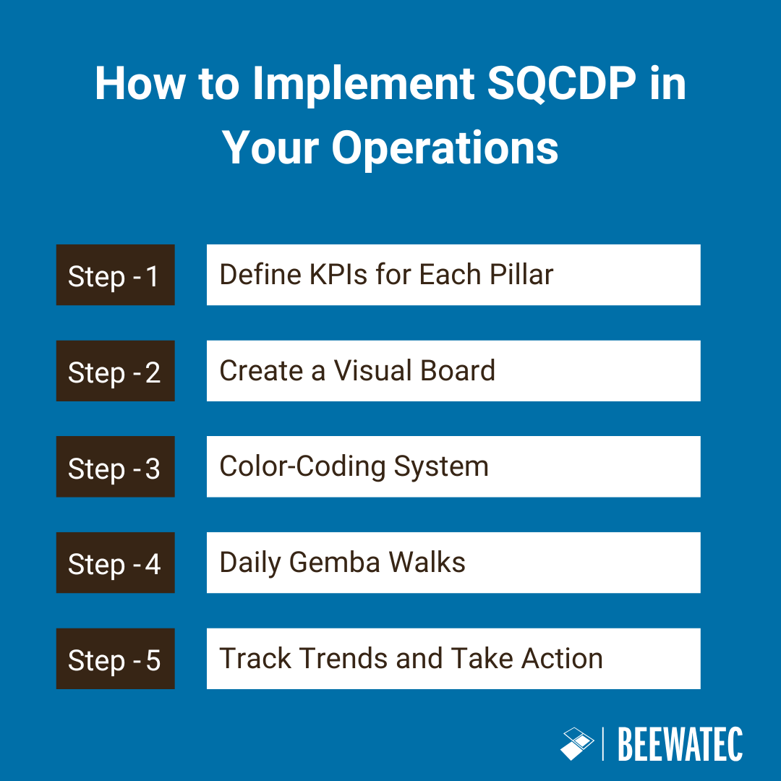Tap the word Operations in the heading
pyautogui.click(x=445, y=148)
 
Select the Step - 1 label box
pyautogui.click(x=115, y=275)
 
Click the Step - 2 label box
pyautogui.click(x=115, y=371)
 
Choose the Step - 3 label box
pyautogui.click(x=115, y=467)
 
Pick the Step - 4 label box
pyautogui.click(x=115, y=563)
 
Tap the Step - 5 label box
pyautogui.click(x=115, y=659)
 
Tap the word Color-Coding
pyautogui.click(x=302, y=467)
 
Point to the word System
pyautogui.click(x=441, y=467)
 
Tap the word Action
pyautogui.click(x=563, y=659)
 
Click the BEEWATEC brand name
pyautogui.click(x=680, y=744)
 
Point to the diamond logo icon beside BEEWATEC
pyautogui.click(x=576, y=743)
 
